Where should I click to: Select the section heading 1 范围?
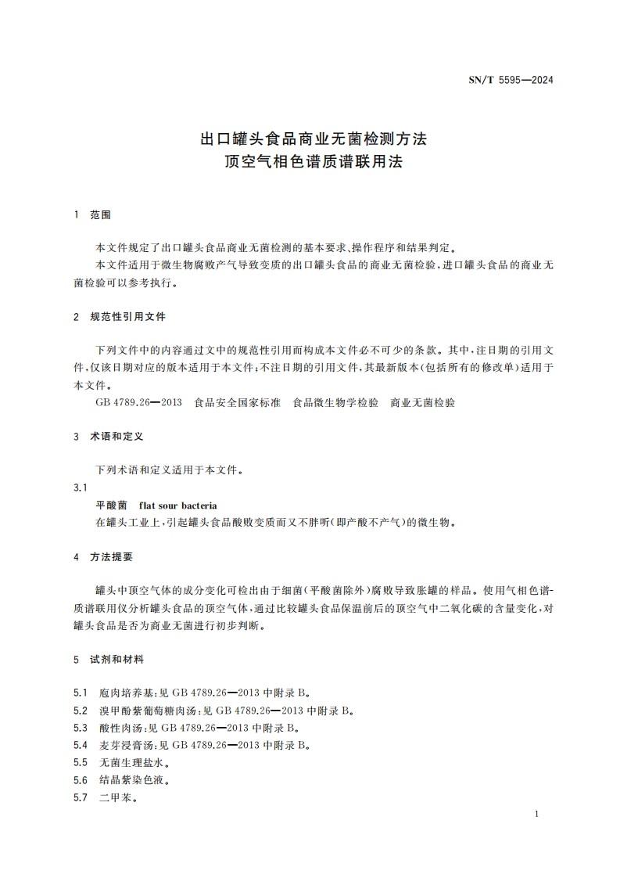click(x=92, y=214)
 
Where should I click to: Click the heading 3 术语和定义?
click(x=108, y=436)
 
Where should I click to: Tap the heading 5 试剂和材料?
click(x=108, y=660)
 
